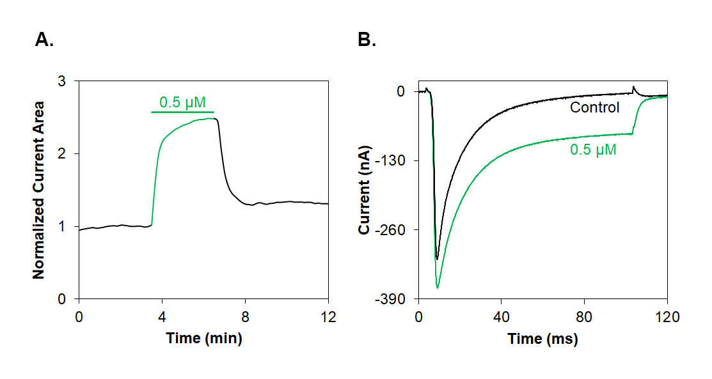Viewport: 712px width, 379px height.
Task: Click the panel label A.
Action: coord(44,40)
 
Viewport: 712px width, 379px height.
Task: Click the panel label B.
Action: coord(367,40)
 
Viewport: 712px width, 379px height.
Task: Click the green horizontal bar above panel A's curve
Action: coord(182,112)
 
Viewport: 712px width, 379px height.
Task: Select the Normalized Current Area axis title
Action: coord(39,190)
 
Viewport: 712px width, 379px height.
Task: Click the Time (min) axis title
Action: coord(203,339)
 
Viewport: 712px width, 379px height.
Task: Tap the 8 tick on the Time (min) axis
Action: coord(245,315)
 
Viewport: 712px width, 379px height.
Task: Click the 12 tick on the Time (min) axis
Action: coord(328,315)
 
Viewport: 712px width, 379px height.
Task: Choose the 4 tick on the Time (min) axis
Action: coord(162,315)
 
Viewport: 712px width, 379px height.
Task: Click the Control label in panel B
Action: coord(595,107)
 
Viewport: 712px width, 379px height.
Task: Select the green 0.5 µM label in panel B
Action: coord(593,151)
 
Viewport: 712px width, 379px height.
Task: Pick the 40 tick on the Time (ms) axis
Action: coord(501,315)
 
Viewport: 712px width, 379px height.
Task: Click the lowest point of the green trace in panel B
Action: coord(438,288)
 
